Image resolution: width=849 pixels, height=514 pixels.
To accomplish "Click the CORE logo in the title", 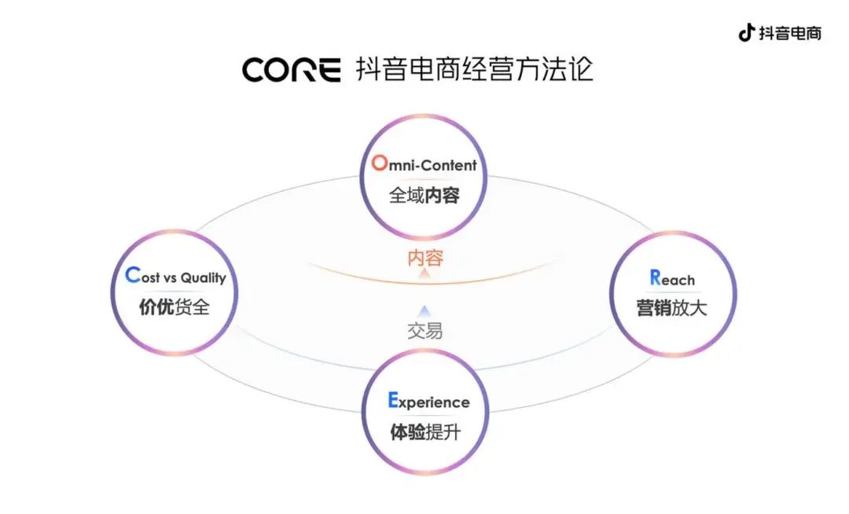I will pyautogui.click(x=291, y=70).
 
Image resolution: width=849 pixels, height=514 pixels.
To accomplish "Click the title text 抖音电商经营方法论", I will pyautogui.click(x=474, y=69).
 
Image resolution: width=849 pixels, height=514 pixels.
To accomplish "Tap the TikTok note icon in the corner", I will pyautogui.click(x=746, y=33).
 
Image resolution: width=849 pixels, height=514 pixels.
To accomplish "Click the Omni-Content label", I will pyautogui.click(x=424, y=164).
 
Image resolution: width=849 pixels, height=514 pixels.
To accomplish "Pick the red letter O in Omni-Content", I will pyautogui.click(x=380, y=163).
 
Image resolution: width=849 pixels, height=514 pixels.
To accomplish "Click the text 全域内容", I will pyautogui.click(x=424, y=196).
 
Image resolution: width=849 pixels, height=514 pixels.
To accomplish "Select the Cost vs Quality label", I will pyautogui.click(x=175, y=277).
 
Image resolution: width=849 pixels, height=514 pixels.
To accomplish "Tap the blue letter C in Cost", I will pyautogui.click(x=132, y=276).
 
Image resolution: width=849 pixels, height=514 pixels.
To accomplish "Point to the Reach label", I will pyautogui.click(x=672, y=278).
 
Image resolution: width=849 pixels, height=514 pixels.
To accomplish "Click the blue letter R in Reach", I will pyautogui.click(x=655, y=277).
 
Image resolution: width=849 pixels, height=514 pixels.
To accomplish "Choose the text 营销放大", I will pyautogui.click(x=672, y=308).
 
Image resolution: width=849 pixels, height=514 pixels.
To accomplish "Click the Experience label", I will pyautogui.click(x=428, y=402).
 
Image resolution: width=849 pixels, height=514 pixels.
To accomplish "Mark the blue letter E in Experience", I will pyautogui.click(x=393, y=401).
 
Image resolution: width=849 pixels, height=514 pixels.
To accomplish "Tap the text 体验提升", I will pyautogui.click(x=425, y=432).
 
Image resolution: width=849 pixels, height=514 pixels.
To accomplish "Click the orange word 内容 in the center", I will pyautogui.click(x=424, y=258).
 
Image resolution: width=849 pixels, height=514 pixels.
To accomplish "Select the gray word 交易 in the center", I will pyautogui.click(x=424, y=331).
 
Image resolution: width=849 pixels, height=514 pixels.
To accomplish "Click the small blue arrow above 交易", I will pyautogui.click(x=424, y=311).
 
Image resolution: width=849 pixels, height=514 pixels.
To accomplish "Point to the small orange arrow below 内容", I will pyautogui.click(x=424, y=274).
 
